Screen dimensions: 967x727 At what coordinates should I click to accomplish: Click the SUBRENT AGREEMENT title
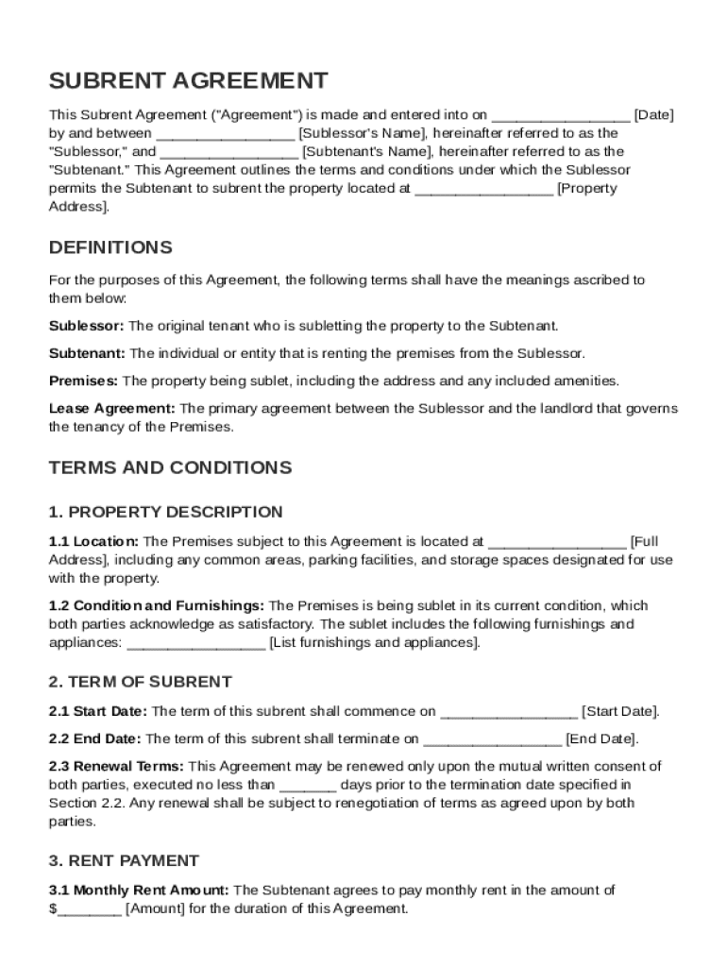(189, 80)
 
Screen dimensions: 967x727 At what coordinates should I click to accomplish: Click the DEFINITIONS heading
(110, 247)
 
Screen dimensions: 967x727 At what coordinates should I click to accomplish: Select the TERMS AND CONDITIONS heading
(170, 467)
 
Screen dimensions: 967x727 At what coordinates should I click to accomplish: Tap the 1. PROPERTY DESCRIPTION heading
(165, 512)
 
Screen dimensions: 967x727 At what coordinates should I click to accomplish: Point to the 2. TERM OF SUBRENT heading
(140, 682)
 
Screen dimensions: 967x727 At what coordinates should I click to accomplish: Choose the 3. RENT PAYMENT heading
(124, 860)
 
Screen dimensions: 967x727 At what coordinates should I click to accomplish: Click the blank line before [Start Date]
(509, 711)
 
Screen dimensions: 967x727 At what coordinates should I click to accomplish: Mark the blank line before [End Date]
(492, 738)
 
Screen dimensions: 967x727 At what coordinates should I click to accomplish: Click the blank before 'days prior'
(308, 785)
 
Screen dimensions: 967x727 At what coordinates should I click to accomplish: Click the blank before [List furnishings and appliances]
(195, 643)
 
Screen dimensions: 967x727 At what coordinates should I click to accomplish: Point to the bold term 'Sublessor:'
(86, 326)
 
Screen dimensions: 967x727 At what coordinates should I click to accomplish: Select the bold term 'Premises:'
(83, 381)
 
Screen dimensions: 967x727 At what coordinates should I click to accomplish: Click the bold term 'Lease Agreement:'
(111, 408)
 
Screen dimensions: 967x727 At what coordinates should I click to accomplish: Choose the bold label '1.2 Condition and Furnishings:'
(157, 605)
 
